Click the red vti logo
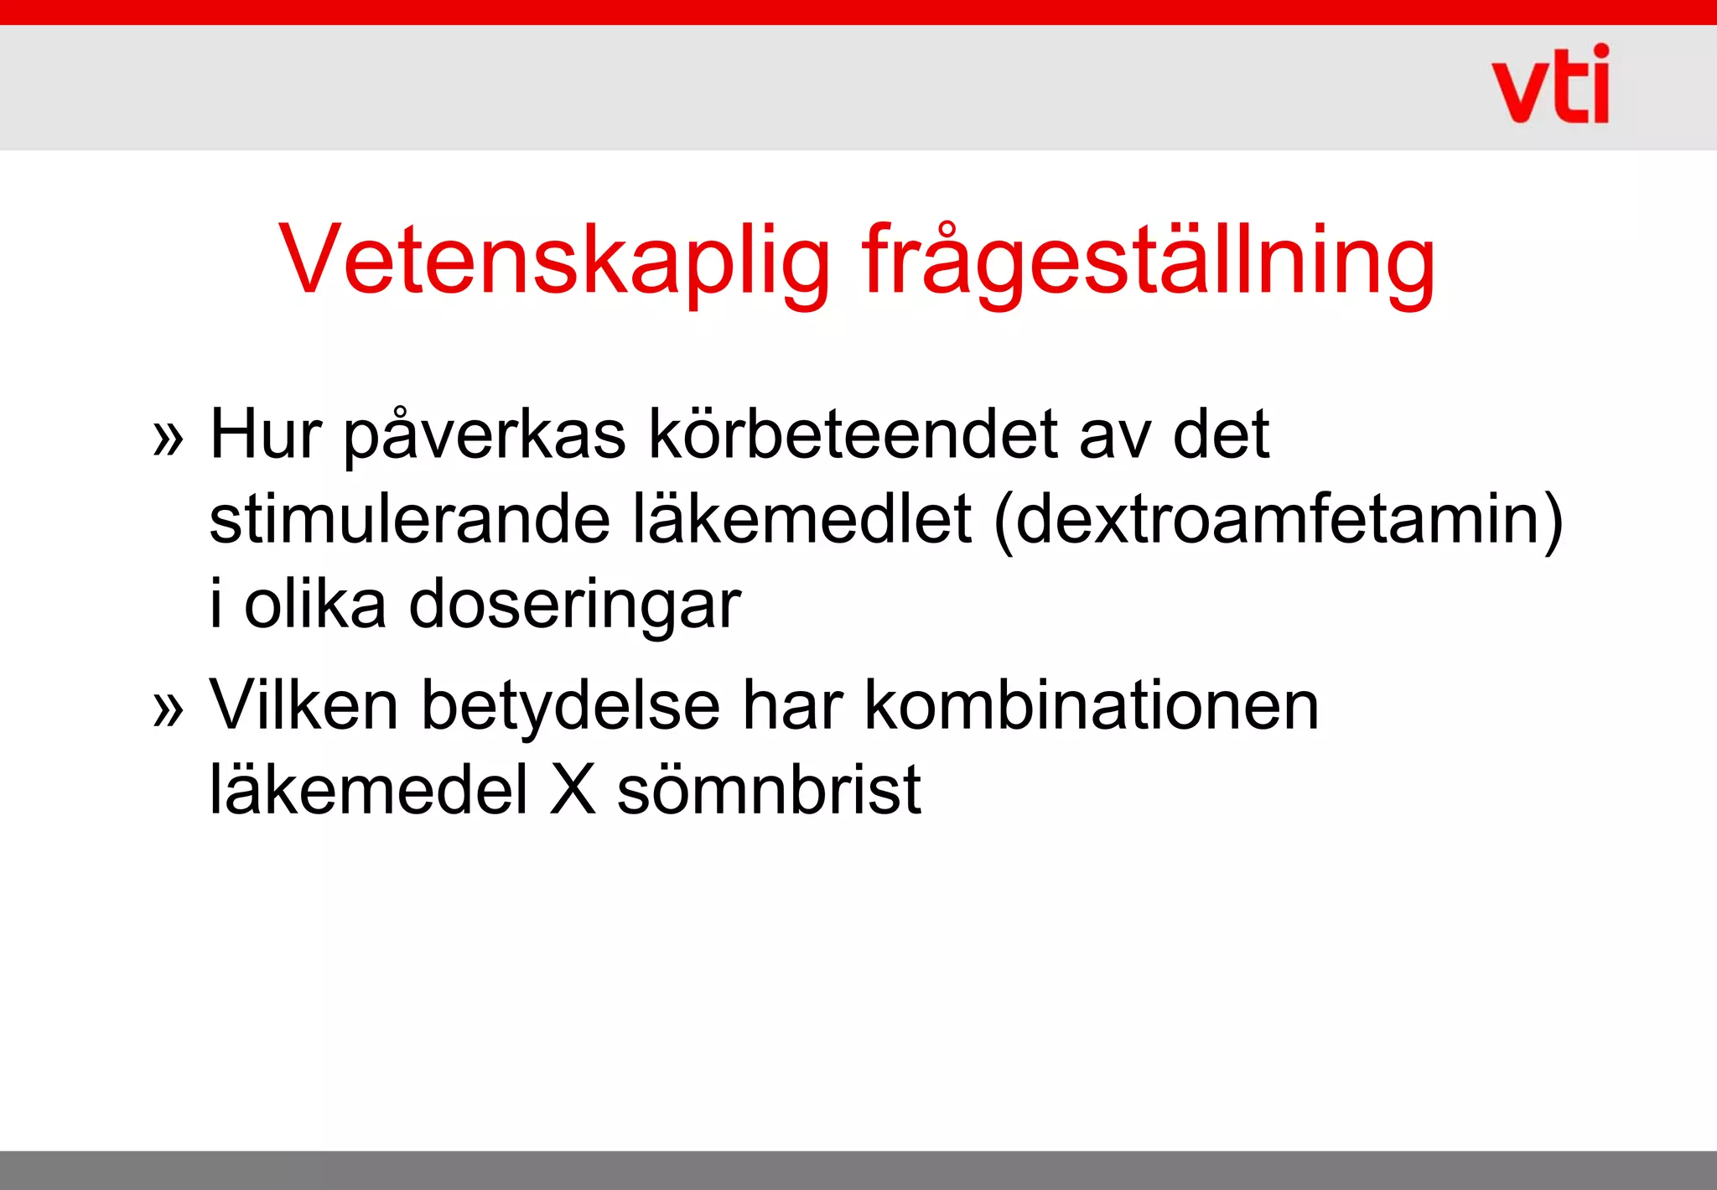tap(1551, 85)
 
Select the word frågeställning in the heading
tap(1149, 262)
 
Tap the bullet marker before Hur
tap(168, 439)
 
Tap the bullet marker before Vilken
tap(168, 709)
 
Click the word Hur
tap(266, 434)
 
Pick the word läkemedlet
tap(802, 519)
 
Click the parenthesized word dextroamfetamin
tap(1278, 521)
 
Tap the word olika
tap(315, 604)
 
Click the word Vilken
tap(303, 705)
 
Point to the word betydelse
tap(570, 707)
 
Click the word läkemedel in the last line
tap(369, 789)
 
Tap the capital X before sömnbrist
tap(573, 789)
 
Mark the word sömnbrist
tap(769, 789)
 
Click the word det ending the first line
tap(1221, 434)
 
